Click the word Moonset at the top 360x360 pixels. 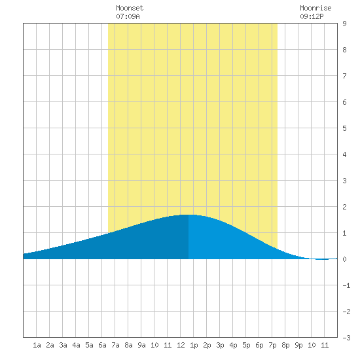tap(130, 8)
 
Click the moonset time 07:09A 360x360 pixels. tap(128, 16)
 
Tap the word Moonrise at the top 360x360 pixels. tap(315, 8)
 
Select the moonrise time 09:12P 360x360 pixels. tap(312, 16)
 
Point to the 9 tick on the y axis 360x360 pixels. tap(344, 24)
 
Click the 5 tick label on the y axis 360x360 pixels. tap(344, 128)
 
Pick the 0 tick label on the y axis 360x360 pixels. tap(344, 259)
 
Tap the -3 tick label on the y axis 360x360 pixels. tap(346, 338)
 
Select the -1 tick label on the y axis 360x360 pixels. tap(346, 285)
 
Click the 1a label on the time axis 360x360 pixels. tap(37, 345)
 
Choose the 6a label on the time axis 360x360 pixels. tap(102, 345)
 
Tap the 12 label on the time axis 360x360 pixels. tap(181, 345)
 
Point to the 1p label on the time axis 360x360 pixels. tap(194, 345)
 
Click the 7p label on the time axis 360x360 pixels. tap(272, 345)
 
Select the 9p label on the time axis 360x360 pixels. tap(298, 345)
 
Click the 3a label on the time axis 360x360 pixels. tap(63, 345)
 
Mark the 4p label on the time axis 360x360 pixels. tap(233, 345)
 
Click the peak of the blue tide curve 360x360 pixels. tap(189, 215)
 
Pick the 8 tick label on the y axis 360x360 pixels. tap(344, 50)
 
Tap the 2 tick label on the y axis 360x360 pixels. tap(344, 207)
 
